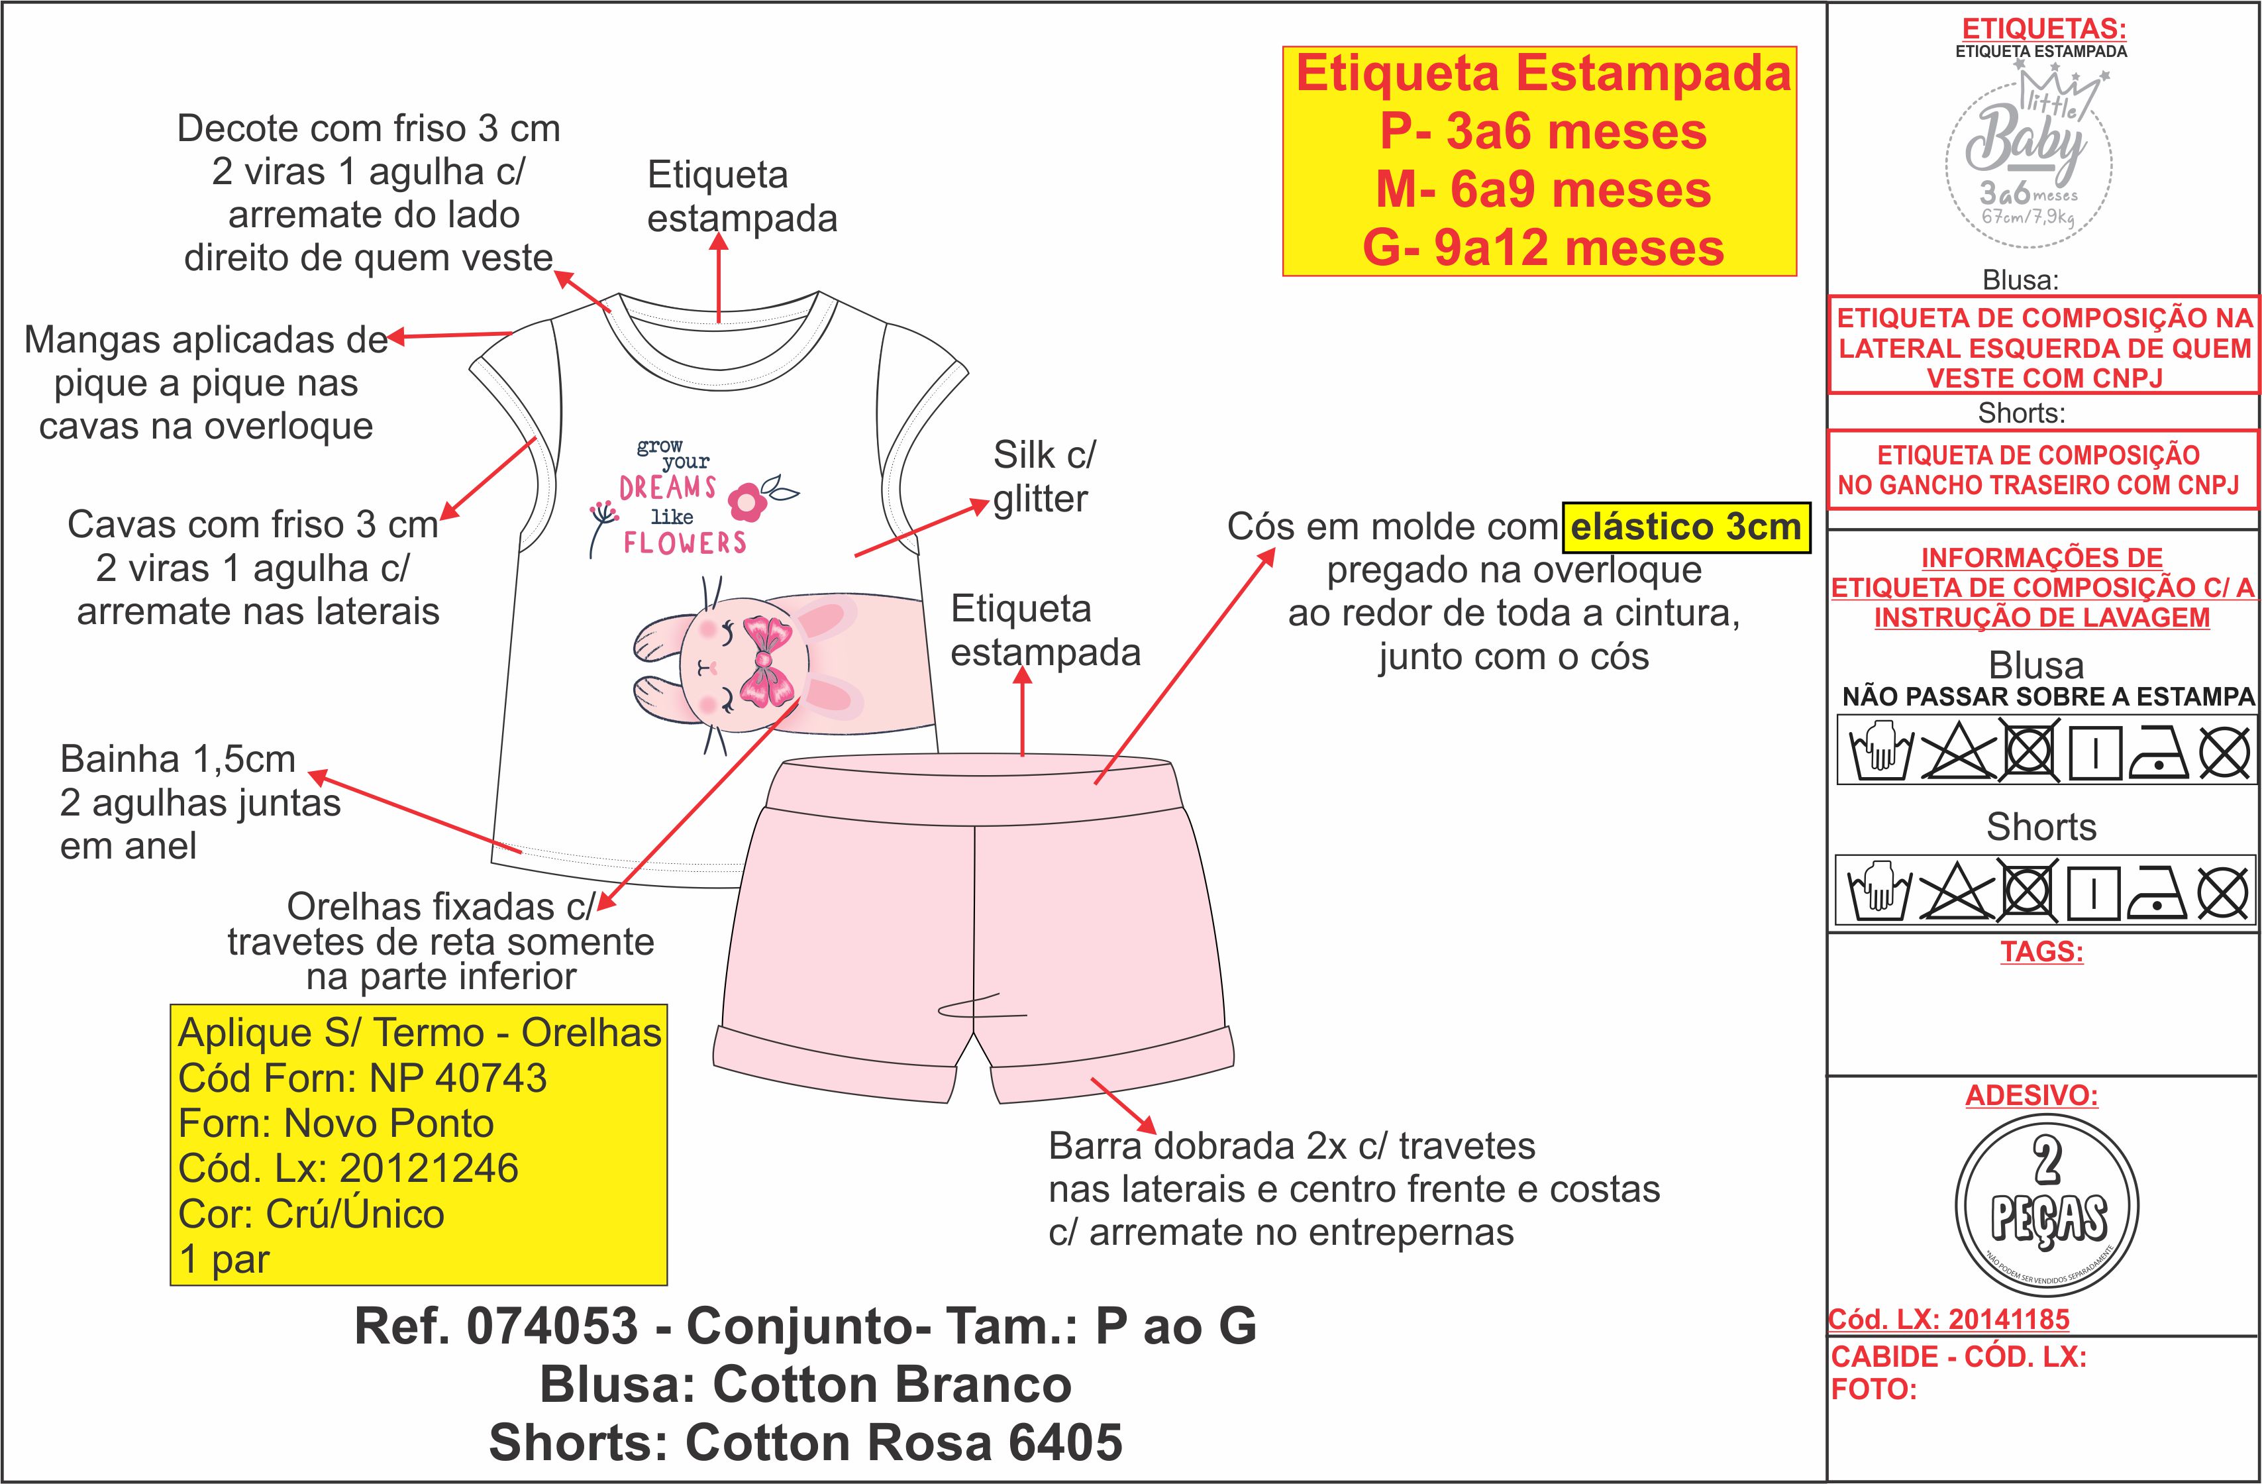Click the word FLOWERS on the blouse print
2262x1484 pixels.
tap(684, 543)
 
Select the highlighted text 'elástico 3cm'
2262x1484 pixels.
tap(1686, 527)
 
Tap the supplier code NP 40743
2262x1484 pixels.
tap(458, 1078)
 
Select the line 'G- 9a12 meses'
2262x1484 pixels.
tap(1543, 248)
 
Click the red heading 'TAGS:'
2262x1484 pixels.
tap(2041, 951)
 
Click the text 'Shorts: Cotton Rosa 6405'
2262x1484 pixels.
tap(806, 1442)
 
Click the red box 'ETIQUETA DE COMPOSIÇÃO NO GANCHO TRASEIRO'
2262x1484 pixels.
tap(2041, 470)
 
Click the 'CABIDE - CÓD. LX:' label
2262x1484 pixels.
tap(1959, 1357)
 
